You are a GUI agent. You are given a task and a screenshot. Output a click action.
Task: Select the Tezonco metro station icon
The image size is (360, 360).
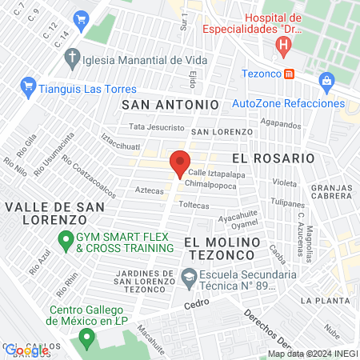290,74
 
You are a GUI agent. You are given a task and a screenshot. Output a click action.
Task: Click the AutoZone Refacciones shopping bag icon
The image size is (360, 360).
326,81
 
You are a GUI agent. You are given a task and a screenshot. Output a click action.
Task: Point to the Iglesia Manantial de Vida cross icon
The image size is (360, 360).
72,58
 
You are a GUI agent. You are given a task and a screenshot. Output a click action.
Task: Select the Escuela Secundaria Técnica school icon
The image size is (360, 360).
189,280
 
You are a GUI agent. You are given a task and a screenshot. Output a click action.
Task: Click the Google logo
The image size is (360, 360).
26,350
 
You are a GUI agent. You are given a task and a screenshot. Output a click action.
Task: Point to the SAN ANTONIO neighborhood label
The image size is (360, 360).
170,104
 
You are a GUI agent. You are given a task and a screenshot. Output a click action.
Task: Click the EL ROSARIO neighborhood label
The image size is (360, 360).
274,158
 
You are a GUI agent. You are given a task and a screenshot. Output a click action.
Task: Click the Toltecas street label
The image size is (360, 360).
194,205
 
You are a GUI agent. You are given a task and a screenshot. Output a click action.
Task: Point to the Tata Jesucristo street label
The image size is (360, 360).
157,127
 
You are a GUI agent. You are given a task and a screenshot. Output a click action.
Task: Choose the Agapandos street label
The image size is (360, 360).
280,125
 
